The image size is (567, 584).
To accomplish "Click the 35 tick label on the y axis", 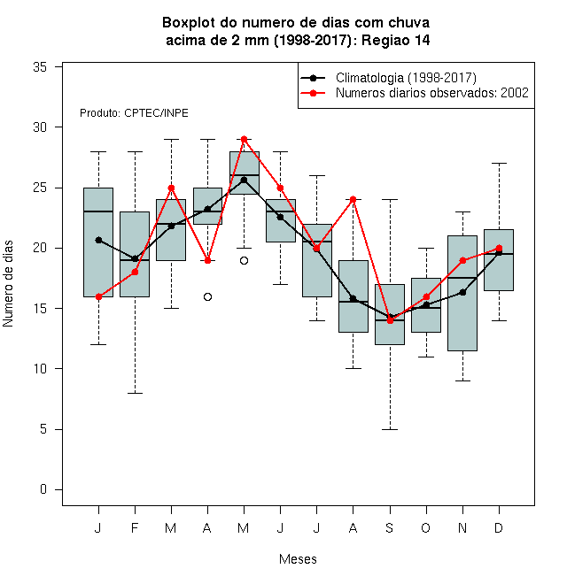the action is [x=40, y=67].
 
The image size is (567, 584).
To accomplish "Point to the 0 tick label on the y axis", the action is [x=43, y=489].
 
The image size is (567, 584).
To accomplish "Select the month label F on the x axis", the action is [x=135, y=527].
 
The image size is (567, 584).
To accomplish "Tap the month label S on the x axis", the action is [x=390, y=527].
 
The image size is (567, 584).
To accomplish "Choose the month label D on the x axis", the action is [x=499, y=527].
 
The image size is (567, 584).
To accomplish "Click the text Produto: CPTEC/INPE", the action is [x=134, y=113].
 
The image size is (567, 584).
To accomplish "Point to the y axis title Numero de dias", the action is [x=8, y=283].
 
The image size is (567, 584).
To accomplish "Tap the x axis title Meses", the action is [x=298, y=559].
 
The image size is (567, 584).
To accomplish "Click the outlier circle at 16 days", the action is [x=208, y=296].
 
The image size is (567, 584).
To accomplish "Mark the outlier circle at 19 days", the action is [x=244, y=260].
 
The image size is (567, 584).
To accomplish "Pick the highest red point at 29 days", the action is [x=244, y=139].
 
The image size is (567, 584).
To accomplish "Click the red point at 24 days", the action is [x=353, y=200].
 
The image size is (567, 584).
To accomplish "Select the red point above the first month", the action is [x=98, y=296].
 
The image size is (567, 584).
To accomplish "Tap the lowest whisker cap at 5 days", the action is [x=390, y=429].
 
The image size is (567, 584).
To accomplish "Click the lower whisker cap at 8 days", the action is [x=135, y=393].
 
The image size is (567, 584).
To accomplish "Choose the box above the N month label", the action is [x=462, y=293].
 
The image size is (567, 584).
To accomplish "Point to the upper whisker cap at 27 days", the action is [x=499, y=163].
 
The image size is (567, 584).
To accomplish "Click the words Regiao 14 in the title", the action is [x=395, y=40].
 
